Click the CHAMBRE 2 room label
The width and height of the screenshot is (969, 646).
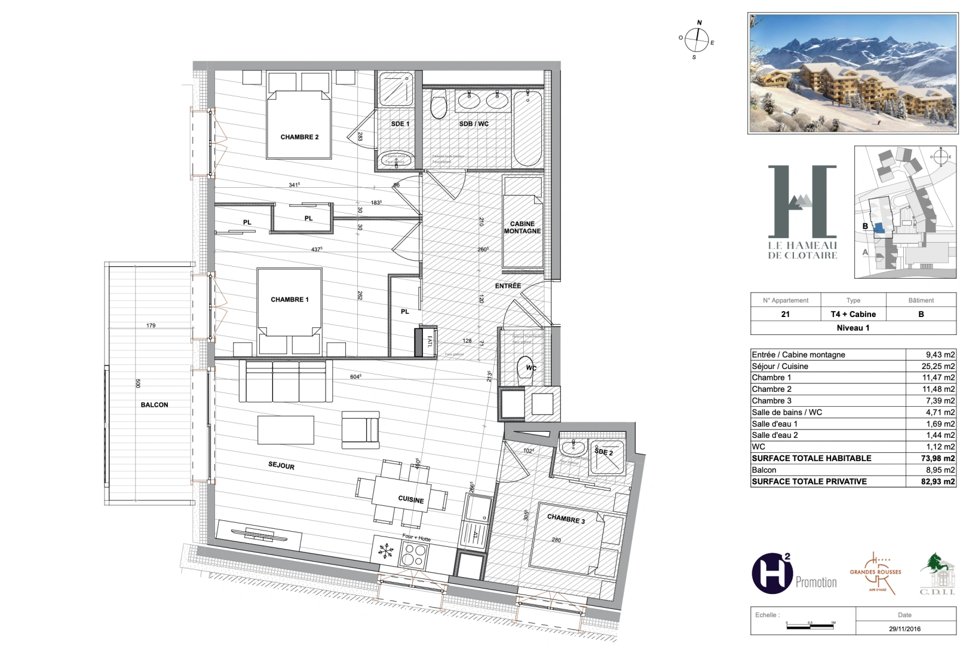click(x=299, y=137)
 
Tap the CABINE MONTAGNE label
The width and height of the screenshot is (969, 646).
click(x=522, y=227)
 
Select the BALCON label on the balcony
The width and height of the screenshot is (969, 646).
click(x=154, y=405)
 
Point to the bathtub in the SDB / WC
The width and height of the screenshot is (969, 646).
click(x=528, y=129)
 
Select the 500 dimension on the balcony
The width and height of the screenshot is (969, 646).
click(x=138, y=383)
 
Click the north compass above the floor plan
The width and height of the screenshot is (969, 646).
click(x=697, y=40)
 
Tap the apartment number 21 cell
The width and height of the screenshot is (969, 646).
click(x=785, y=314)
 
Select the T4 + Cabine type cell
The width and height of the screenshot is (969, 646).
click(x=853, y=314)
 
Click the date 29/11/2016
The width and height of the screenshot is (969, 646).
click(x=904, y=629)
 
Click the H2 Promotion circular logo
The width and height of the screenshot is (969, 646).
click(x=771, y=574)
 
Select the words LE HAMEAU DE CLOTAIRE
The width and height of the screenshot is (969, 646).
click(x=802, y=250)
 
